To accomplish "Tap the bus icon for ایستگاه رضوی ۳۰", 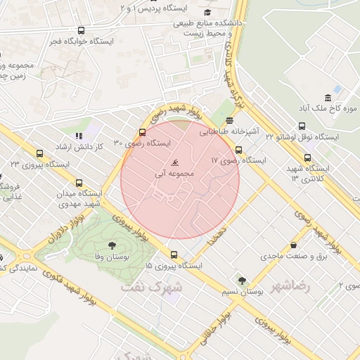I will click(143, 131).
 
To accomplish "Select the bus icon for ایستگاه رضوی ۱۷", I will click(238, 150).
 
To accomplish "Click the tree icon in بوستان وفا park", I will click(112, 245).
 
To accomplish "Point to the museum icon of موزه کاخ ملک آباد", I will click(328, 98).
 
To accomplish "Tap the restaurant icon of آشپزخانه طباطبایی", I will click(230, 121).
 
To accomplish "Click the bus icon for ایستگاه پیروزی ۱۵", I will click(174, 255).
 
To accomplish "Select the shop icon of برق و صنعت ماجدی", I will click(292, 246).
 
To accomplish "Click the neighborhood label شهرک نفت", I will click(151, 288).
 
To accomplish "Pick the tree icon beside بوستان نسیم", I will click(242, 281).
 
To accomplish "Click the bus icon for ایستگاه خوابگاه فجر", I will click(81, 31).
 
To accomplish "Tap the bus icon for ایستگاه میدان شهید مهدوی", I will click(78, 182).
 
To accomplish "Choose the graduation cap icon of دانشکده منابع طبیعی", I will click(207, 13).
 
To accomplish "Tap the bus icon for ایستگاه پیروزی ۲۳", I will click(39, 153).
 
